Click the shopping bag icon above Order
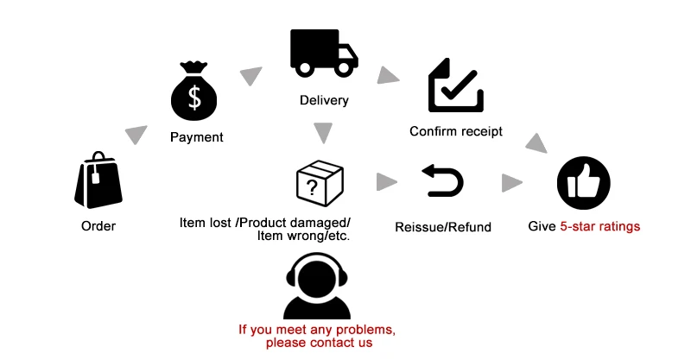pyautogui.click(x=98, y=180)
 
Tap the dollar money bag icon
pyautogui.click(x=195, y=92)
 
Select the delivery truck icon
pyautogui.click(x=323, y=54)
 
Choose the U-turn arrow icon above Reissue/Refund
pyautogui.click(x=443, y=180)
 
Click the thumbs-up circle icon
pyautogui.click(x=584, y=183)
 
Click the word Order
pyautogui.click(x=98, y=226)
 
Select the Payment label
pyautogui.click(x=196, y=136)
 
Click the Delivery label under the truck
pyautogui.click(x=324, y=100)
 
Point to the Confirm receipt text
pyautogui.click(x=455, y=131)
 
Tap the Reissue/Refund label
pyautogui.click(x=443, y=227)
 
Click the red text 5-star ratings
pyautogui.click(x=600, y=226)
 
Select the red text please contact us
pyautogui.click(x=319, y=343)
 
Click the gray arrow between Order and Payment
pyautogui.click(x=136, y=136)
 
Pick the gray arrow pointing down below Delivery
pyautogui.click(x=323, y=133)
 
